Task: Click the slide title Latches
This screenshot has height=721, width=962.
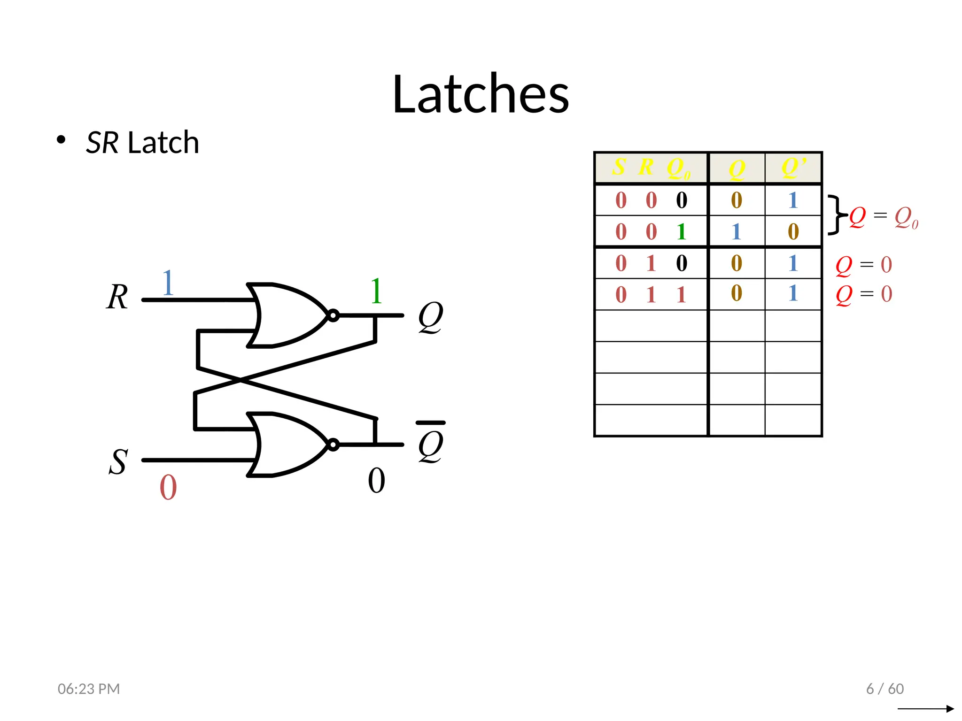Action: click(481, 94)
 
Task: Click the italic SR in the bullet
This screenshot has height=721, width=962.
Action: click(102, 143)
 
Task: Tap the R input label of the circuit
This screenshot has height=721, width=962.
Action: click(117, 297)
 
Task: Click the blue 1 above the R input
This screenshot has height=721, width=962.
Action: click(168, 283)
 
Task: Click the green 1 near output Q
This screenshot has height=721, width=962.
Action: click(376, 291)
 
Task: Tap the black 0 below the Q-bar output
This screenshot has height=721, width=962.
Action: click(376, 481)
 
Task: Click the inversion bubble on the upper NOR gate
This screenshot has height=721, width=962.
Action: click(333, 315)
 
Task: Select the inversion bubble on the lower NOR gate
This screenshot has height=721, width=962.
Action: click(333, 445)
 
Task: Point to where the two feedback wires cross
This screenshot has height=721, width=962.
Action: click(240, 381)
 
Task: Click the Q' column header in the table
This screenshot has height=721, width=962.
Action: click(793, 168)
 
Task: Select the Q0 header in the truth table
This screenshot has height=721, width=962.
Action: click(678, 168)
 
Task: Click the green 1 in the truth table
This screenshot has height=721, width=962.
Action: click(681, 232)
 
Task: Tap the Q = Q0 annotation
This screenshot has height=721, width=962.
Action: click(883, 217)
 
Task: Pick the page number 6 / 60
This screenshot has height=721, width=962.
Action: click(885, 689)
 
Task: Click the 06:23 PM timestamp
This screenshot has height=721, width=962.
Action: click(89, 689)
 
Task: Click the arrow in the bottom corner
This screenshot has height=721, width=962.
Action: click(925, 709)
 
